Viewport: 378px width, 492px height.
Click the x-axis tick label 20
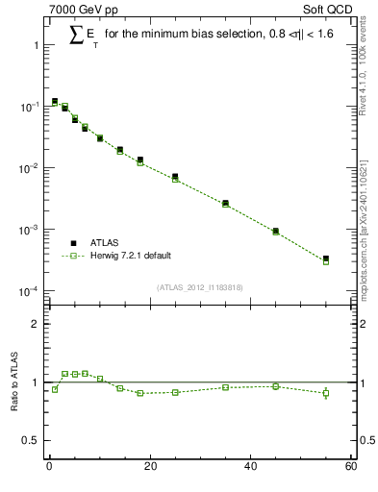click(149, 467)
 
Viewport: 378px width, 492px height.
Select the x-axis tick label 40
click(250, 467)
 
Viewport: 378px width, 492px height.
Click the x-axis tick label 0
click(49, 467)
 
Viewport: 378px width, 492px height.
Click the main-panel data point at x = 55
click(325, 259)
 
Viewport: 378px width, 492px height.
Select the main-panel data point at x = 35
click(225, 204)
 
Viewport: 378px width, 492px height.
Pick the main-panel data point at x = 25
click(174, 177)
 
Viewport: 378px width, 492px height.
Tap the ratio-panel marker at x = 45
click(275, 386)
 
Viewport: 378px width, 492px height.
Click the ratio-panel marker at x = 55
click(325, 392)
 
